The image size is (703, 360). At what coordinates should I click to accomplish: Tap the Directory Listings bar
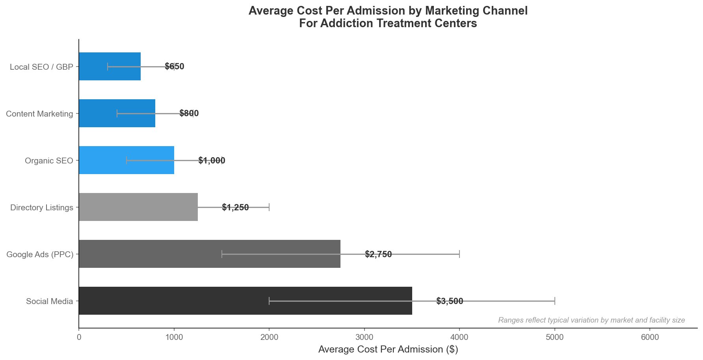[x=138, y=207]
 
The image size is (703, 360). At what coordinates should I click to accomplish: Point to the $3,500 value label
[x=450, y=301]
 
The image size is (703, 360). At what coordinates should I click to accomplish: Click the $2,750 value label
[x=378, y=254]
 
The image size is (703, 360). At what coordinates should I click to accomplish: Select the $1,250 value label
[x=235, y=208]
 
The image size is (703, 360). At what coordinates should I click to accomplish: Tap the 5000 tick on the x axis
[x=554, y=337]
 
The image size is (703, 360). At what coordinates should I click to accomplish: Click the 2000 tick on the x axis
[x=269, y=337]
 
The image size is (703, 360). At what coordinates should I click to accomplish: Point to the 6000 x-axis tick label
[x=650, y=337]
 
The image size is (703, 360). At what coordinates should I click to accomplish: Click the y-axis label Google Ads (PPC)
[x=40, y=254]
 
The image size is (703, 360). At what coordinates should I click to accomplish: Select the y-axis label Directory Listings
[x=42, y=208]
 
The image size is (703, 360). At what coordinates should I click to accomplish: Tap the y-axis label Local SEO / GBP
[x=41, y=67]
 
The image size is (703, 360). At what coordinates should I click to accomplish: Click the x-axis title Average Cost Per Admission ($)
[x=388, y=349]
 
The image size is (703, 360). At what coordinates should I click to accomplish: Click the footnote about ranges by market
[x=591, y=320]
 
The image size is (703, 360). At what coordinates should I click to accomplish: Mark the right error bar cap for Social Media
[x=554, y=301]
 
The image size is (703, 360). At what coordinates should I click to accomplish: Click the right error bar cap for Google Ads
[x=459, y=254]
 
